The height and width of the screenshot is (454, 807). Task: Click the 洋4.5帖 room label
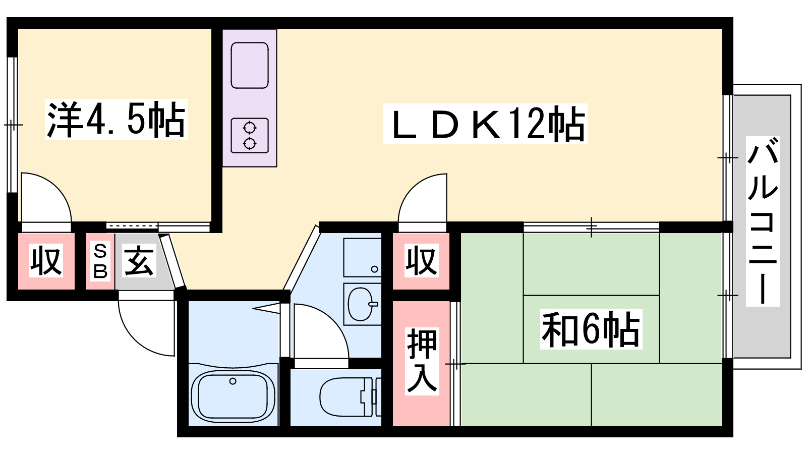[116, 119]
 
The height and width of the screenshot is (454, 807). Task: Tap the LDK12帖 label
[485, 124]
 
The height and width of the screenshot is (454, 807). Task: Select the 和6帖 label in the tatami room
[591, 328]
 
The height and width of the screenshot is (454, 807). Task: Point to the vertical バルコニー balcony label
[762, 221]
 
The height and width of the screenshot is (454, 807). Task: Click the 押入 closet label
[422, 361]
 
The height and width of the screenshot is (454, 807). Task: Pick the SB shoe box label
[100, 262]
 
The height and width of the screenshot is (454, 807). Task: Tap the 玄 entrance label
[139, 260]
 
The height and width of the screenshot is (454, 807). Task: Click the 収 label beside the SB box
[46, 260]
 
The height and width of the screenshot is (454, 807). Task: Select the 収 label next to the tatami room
[421, 260]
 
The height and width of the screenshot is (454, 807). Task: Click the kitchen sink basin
[250, 65]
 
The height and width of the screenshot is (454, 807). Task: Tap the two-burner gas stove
[250, 136]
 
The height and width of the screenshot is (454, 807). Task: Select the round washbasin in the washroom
[360, 304]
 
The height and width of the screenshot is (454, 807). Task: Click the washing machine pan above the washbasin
[363, 257]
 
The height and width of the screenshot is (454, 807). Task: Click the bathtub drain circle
[233, 381]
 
